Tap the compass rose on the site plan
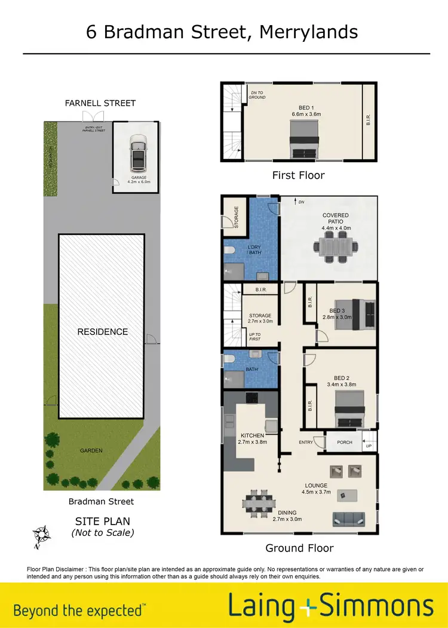[41, 535]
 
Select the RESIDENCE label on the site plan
[103, 331]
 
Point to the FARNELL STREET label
[100, 103]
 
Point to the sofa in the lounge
[349, 519]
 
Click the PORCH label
[345, 443]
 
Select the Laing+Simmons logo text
[330, 606]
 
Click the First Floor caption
[298, 175]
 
